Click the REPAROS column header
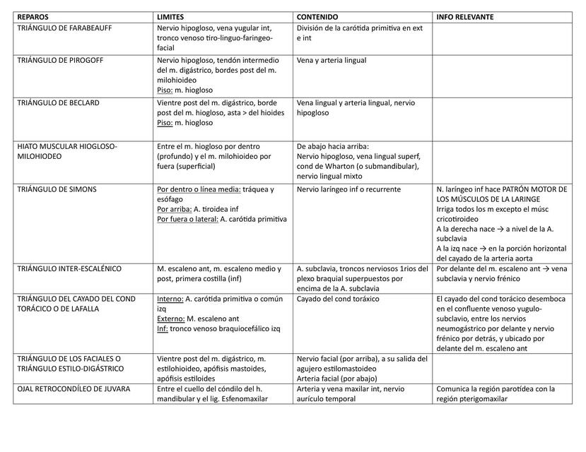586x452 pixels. point(33,16)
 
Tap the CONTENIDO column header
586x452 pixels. point(317,16)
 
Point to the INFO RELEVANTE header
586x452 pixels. point(465,16)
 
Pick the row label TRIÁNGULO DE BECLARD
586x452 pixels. point(58,102)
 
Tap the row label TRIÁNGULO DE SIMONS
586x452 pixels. point(57,189)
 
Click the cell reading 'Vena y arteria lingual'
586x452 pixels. point(332,60)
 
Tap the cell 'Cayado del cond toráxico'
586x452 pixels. point(338,299)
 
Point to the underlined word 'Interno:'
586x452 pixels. point(170,299)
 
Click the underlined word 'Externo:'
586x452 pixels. point(171,319)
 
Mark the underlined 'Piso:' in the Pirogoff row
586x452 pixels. point(166,90)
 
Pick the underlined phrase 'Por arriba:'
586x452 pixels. point(174,209)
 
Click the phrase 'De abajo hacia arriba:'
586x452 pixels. point(333,146)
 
